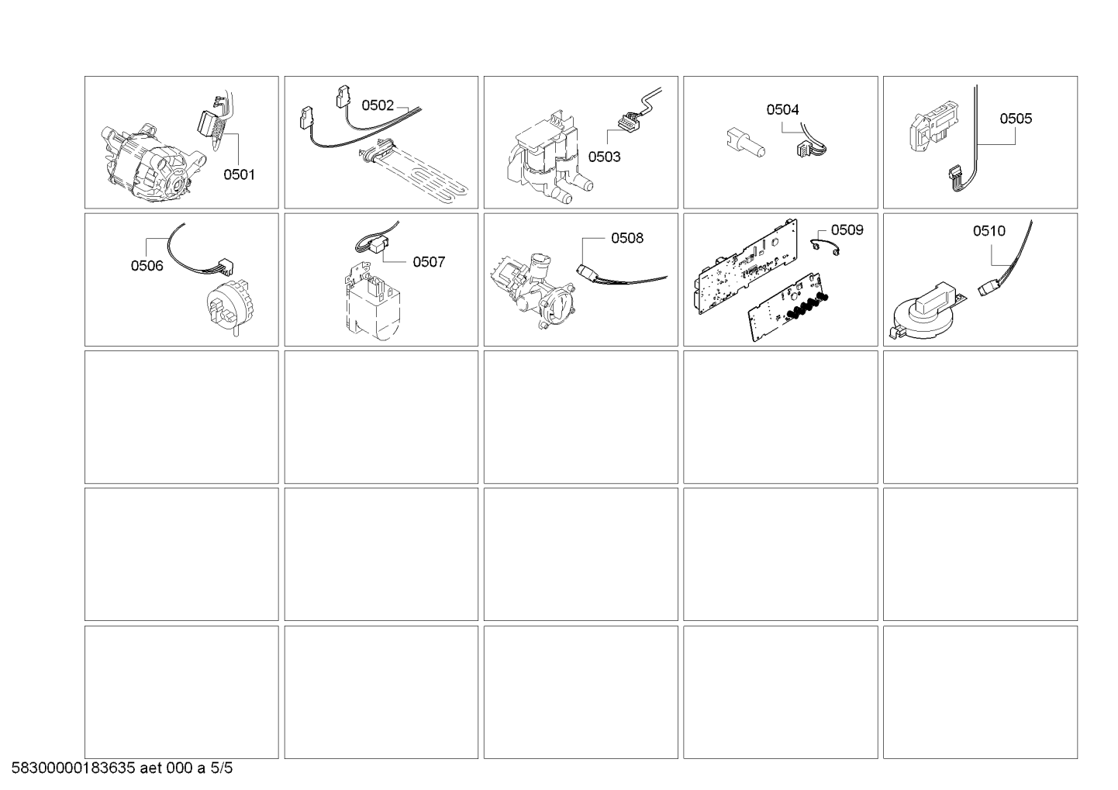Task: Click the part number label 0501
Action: click(x=239, y=174)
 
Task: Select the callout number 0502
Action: click(x=378, y=105)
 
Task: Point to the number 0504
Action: click(x=782, y=110)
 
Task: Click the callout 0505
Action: click(x=1015, y=119)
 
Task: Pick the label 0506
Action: click(x=147, y=266)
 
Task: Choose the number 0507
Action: click(x=428, y=262)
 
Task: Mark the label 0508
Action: click(x=626, y=238)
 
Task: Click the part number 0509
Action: click(x=847, y=230)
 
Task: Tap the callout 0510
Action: click(x=989, y=231)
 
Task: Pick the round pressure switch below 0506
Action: click(x=226, y=307)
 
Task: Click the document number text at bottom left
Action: click(x=122, y=768)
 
